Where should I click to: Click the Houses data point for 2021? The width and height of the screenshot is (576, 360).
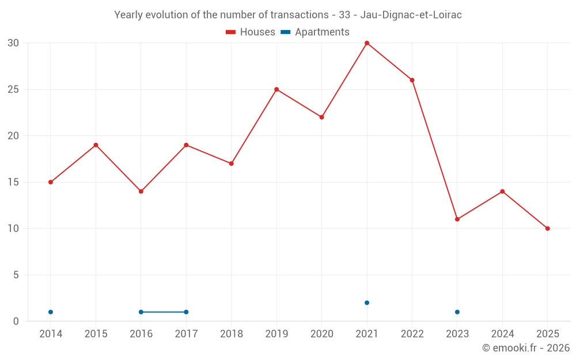[367, 43]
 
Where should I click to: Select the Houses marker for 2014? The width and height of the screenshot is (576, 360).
[51, 182]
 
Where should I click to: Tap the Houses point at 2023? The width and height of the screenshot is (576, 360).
[457, 219]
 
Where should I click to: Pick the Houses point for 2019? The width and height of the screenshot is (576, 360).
[276, 89]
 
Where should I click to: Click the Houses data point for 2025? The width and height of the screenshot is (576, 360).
[548, 229]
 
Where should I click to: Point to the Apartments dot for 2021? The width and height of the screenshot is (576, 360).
[367, 303]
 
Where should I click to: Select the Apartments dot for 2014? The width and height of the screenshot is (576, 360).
[51, 312]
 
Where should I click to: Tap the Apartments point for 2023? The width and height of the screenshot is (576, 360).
[457, 312]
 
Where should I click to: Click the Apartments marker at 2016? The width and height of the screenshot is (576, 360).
[141, 312]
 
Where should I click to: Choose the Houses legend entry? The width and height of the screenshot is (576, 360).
[251, 32]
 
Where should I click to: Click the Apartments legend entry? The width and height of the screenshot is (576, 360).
[315, 32]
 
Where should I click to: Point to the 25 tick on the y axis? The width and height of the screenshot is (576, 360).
[13, 90]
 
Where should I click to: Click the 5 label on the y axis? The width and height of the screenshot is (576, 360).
[16, 275]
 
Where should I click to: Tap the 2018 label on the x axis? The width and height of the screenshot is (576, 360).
[232, 334]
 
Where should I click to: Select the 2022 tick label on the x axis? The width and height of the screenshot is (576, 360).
[412, 334]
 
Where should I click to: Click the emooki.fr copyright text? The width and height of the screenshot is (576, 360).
[526, 348]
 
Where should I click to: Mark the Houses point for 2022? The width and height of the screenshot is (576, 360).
[412, 80]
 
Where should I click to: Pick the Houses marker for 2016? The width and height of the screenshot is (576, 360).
[141, 191]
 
